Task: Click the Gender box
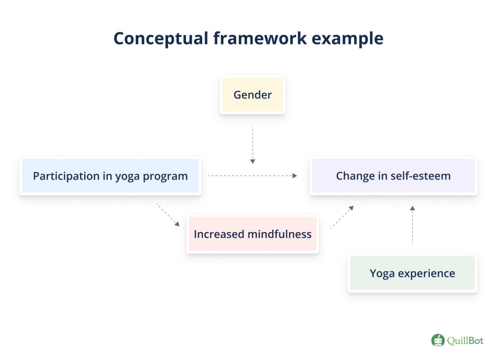253,95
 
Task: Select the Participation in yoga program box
110,176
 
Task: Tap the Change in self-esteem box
393,176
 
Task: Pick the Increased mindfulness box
253,234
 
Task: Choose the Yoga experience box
412,273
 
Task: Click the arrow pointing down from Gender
253,145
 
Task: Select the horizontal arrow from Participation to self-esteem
253,176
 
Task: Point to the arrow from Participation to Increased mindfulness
168,215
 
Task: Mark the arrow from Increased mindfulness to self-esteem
342,217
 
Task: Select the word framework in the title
260,39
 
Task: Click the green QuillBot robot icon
438,341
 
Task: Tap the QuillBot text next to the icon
465,341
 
